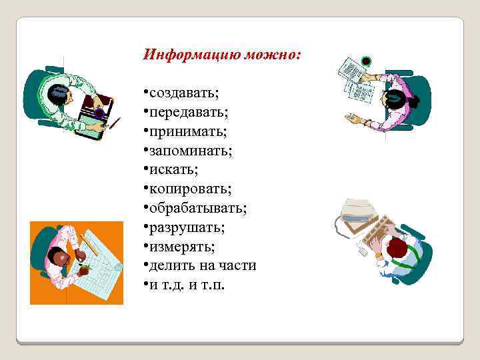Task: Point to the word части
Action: (x=239, y=265)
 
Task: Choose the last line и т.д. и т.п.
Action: (x=187, y=285)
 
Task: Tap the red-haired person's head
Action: (x=397, y=249)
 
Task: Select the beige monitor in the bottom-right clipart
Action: (x=358, y=211)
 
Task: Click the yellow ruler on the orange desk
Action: (x=88, y=245)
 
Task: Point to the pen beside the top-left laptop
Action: (x=114, y=123)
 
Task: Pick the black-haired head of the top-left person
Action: (x=57, y=95)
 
